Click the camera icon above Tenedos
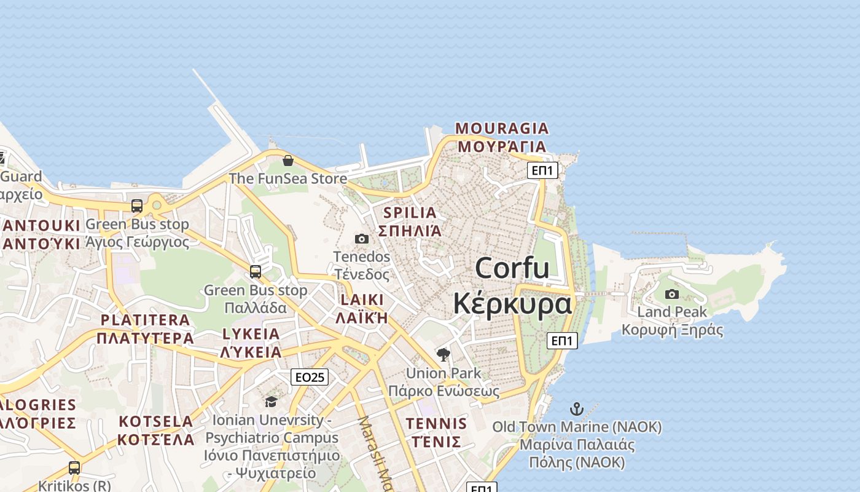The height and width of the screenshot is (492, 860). coord(362,239)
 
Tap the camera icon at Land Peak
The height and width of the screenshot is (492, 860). coord(672,294)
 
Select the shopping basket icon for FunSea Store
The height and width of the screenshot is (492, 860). coord(287,161)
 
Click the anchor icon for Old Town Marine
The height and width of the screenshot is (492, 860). coord(576,408)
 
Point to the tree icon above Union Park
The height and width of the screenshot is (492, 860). coord(443,354)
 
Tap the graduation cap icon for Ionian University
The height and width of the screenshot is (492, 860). coord(271,402)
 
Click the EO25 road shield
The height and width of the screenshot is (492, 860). coord(310,377)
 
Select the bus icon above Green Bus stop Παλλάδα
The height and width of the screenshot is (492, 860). coord(256,271)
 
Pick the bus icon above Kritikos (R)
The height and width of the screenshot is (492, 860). coord(74,467)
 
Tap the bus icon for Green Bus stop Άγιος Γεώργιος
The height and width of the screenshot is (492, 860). coord(137,205)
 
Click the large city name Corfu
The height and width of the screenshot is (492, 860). coord(512,268)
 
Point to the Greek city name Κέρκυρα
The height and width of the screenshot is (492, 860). coord(513,303)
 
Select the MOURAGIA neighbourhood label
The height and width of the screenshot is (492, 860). coord(501,129)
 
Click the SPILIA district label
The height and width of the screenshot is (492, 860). coord(410,213)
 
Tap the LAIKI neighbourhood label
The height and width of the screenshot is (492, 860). coord(362,300)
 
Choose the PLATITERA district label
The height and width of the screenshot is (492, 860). coord(145,320)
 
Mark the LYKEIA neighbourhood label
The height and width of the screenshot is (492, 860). coord(251,334)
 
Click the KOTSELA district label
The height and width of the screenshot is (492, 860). coord(156,422)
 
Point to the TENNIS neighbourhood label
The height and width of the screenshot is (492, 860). coord(436,424)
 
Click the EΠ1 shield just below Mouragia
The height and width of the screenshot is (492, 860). coord(542,170)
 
